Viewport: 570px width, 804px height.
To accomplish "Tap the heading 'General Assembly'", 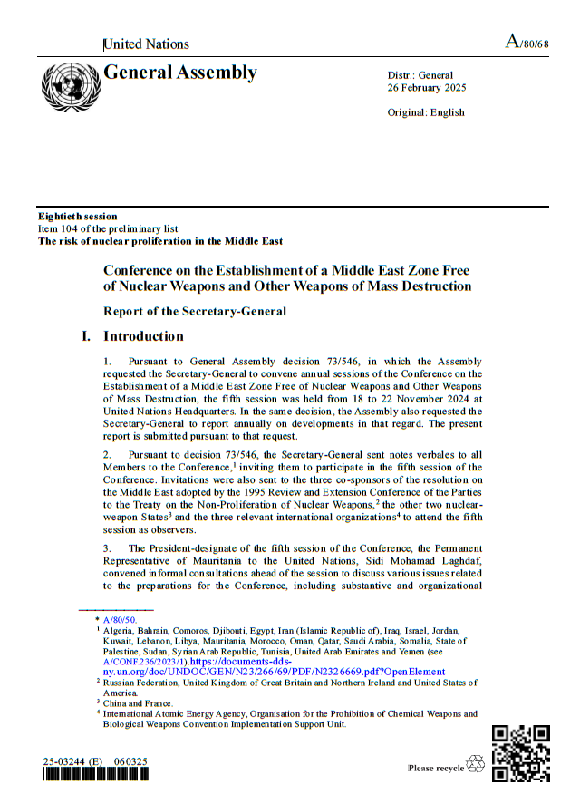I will coord(180,73).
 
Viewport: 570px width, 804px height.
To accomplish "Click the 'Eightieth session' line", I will coord(77,216).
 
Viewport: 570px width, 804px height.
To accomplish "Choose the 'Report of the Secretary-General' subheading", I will coord(195,311).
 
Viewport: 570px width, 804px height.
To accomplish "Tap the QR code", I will coord(520,752).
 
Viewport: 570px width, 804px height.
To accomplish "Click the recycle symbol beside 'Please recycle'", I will coord(475,766).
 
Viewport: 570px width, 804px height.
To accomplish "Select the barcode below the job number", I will coord(95,776).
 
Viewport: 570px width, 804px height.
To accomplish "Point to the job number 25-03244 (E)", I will coord(72,761).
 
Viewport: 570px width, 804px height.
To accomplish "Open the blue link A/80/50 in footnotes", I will coord(120,619).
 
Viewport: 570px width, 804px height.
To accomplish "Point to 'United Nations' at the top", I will coord(147,44).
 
